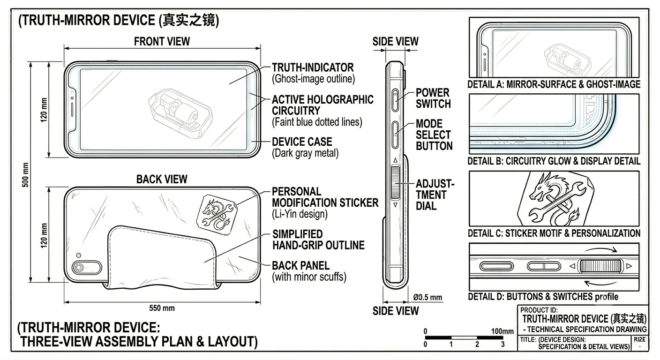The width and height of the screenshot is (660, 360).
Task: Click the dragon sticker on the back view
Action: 217,214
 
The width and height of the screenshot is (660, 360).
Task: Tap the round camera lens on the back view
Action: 79,268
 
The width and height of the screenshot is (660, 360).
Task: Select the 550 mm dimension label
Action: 162,308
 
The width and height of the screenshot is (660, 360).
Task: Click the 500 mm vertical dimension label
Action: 26,175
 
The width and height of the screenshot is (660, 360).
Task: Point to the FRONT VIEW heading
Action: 162,42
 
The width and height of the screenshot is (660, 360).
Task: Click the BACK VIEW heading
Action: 162,179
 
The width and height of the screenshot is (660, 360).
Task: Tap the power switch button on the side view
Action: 396,100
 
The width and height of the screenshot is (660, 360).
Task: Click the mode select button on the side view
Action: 396,135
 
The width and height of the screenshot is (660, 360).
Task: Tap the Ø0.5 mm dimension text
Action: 427,297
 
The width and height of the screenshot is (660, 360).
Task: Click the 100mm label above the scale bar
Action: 502,331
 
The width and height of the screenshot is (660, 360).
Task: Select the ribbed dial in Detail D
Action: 600,266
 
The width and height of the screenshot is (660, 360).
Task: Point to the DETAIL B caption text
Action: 554,161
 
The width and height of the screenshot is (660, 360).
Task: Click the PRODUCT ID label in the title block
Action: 539,310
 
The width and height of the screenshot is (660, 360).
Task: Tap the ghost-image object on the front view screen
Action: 180,113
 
